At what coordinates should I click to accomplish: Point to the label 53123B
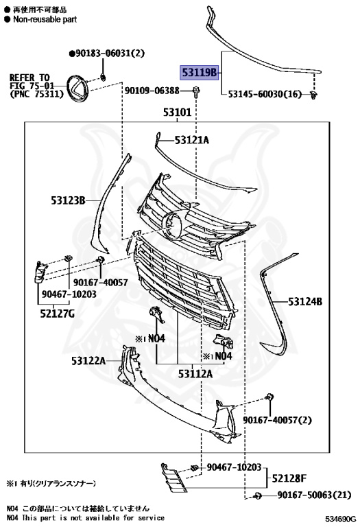click(67, 200)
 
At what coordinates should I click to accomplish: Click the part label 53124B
click(305, 301)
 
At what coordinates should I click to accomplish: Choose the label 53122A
click(88, 360)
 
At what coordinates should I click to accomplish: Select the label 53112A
click(195, 374)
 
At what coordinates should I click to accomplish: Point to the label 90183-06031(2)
click(107, 53)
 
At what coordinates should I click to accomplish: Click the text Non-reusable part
click(44, 20)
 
